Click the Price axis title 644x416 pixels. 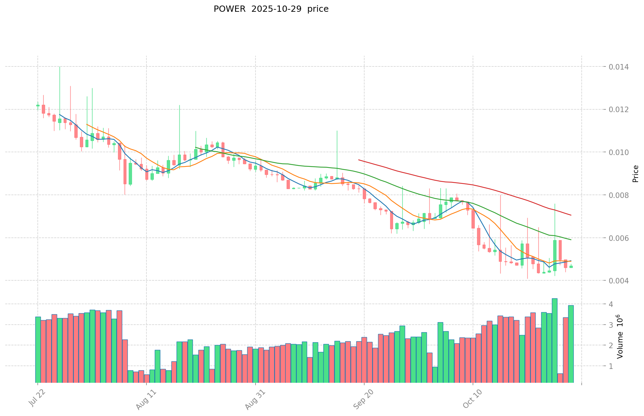click(x=635, y=174)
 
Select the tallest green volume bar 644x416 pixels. click(x=554, y=340)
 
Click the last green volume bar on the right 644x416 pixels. click(x=571, y=344)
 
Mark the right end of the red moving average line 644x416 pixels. click(x=571, y=215)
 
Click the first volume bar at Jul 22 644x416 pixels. click(x=38, y=350)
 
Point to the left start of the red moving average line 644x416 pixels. click(x=359, y=160)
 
